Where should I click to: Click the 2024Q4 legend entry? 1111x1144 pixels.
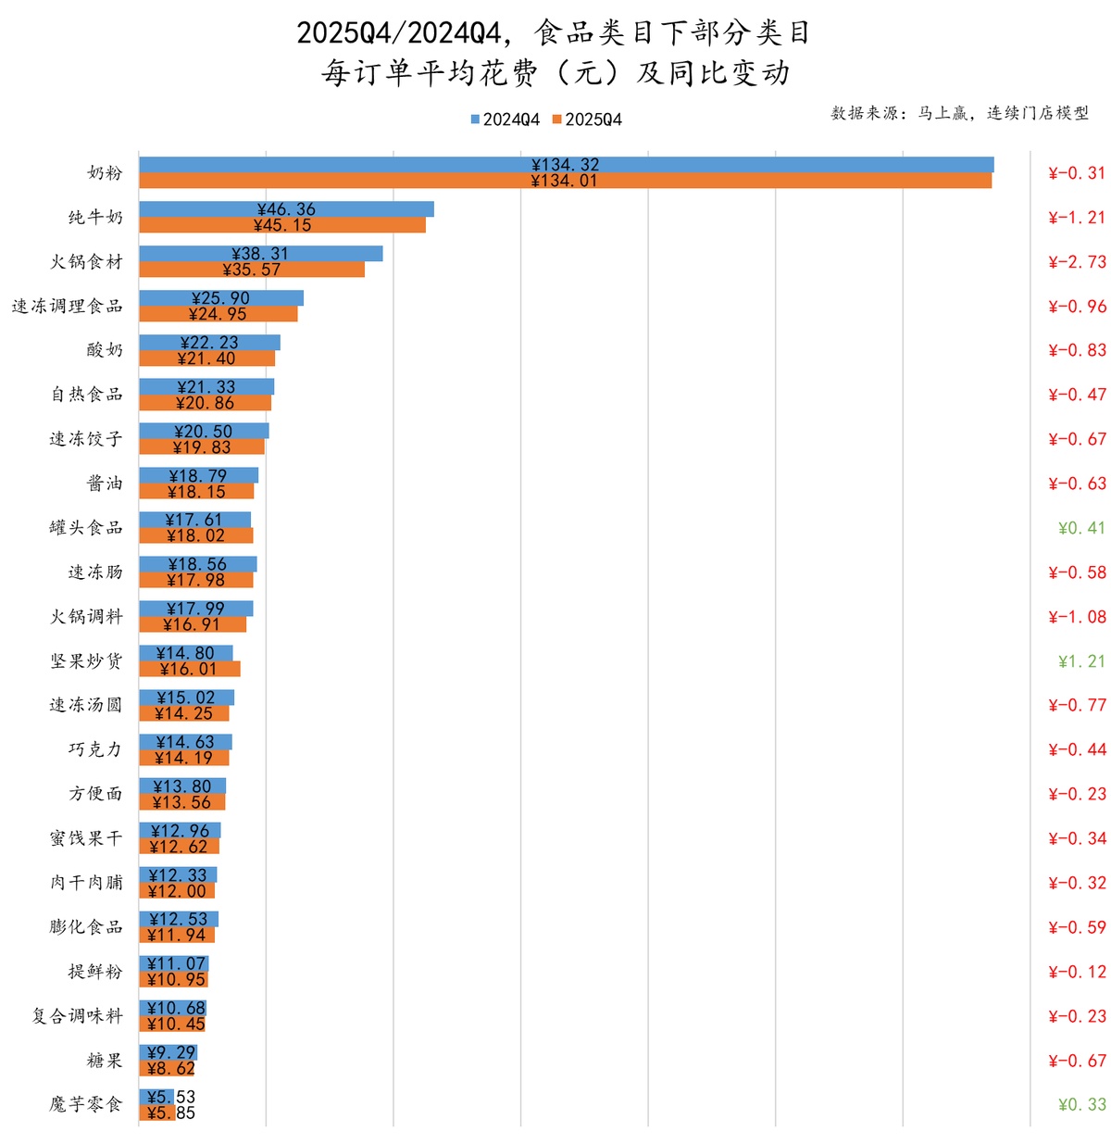tap(506, 119)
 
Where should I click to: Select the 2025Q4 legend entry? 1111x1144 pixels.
tap(588, 119)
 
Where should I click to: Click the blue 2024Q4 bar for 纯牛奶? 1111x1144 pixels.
tap(370, 209)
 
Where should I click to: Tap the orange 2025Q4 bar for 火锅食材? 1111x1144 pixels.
tap(315, 270)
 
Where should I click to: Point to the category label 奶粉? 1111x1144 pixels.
tap(105, 173)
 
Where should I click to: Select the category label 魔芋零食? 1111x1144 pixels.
tap(86, 1104)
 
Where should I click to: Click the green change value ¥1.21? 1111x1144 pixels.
tap(1081, 661)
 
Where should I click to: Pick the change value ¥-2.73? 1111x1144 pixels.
tap(1077, 262)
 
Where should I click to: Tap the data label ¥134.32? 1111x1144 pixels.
tap(566, 165)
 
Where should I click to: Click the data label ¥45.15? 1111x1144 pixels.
tap(282, 225)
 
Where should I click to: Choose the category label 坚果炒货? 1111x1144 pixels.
tap(86, 661)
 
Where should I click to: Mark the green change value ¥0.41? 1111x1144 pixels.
tap(1081, 528)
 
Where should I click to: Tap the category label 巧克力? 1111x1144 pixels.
tap(95, 749)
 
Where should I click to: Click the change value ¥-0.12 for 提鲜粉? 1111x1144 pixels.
tap(1077, 972)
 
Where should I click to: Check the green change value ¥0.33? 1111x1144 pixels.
tap(1081, 1104)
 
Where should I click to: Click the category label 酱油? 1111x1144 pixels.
tap(105, 484)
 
